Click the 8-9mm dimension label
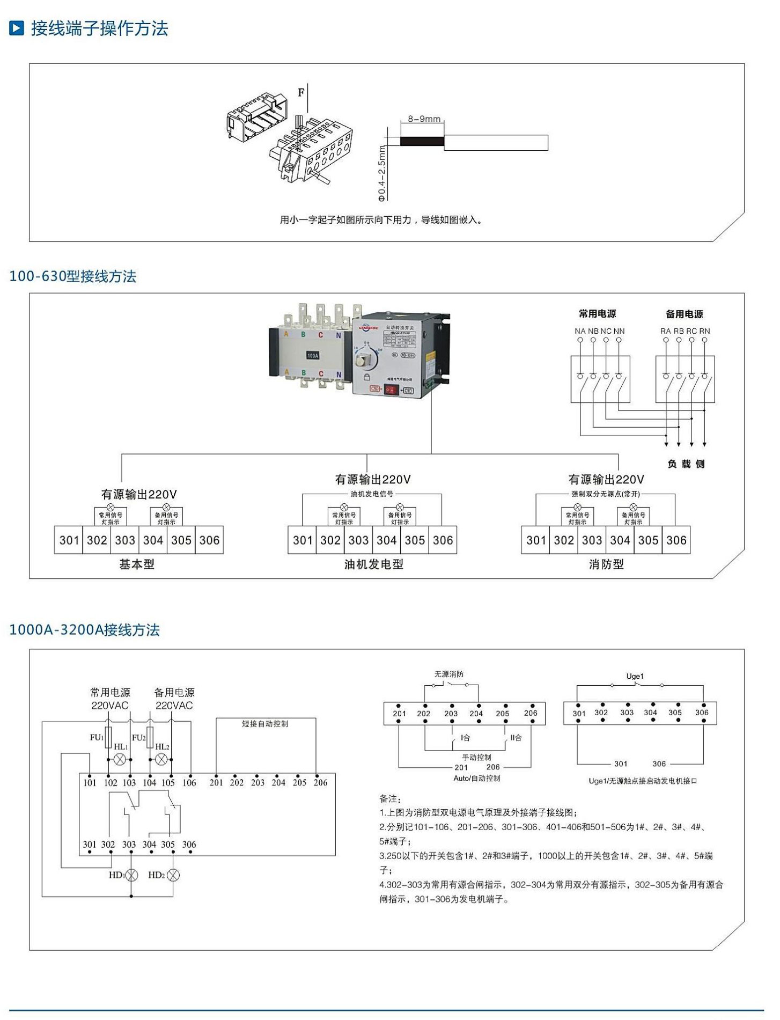(424, 119)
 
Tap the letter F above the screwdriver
(301, 92)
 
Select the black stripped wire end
(422, 142)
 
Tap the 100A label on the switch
(313, 355)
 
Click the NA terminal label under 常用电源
(580, 331)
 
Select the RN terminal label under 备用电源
(704, 331)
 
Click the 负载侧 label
(686, 464)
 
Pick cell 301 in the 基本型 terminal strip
(69, 540)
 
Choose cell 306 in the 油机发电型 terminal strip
(443, 540)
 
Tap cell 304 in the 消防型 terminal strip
(620, 540)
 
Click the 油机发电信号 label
(372, 494)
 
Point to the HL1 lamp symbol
(121, 759)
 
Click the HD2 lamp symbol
(173, 875)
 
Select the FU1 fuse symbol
(108, 737)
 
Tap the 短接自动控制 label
(265, 724)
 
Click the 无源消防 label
(448, 674)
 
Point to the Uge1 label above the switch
(635, 676)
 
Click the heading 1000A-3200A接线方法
(85, 629)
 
